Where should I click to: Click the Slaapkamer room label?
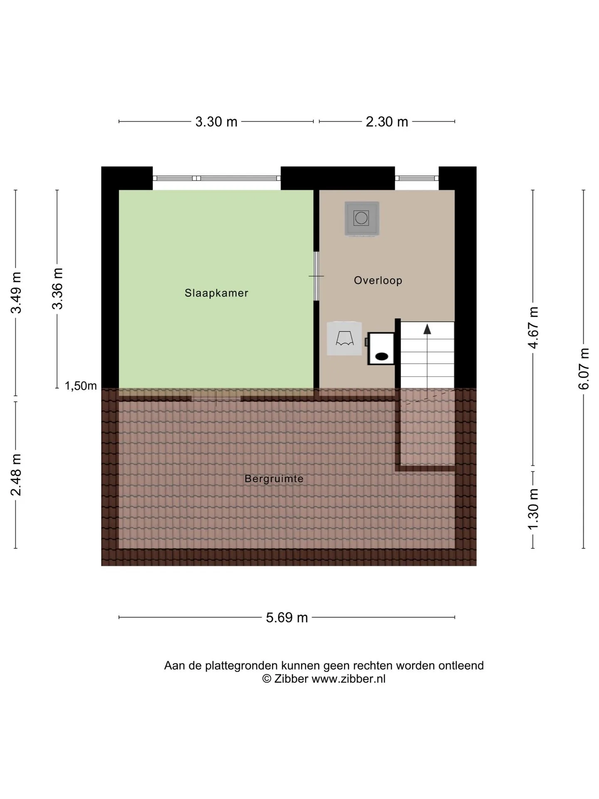(216, 293)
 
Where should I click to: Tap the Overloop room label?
(378, 280)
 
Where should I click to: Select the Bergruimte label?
(274, 479)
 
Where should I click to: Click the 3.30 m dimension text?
(216, 122)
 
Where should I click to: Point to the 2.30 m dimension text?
(387, 122)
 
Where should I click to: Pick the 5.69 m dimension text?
(287, 617)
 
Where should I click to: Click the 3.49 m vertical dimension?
(16, 293)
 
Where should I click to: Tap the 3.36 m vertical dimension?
(57, 289)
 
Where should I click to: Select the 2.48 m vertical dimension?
(16, 475)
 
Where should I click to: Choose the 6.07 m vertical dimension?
(584, 369)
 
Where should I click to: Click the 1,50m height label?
(81, 386)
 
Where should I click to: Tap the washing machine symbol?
(361, 218)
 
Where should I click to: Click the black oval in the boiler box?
(382, 356)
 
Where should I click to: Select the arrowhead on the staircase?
(427, 329)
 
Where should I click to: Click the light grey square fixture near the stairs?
(344, 338)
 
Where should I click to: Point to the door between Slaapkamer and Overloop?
(316, 276)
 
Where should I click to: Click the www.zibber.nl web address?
(349, 679)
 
